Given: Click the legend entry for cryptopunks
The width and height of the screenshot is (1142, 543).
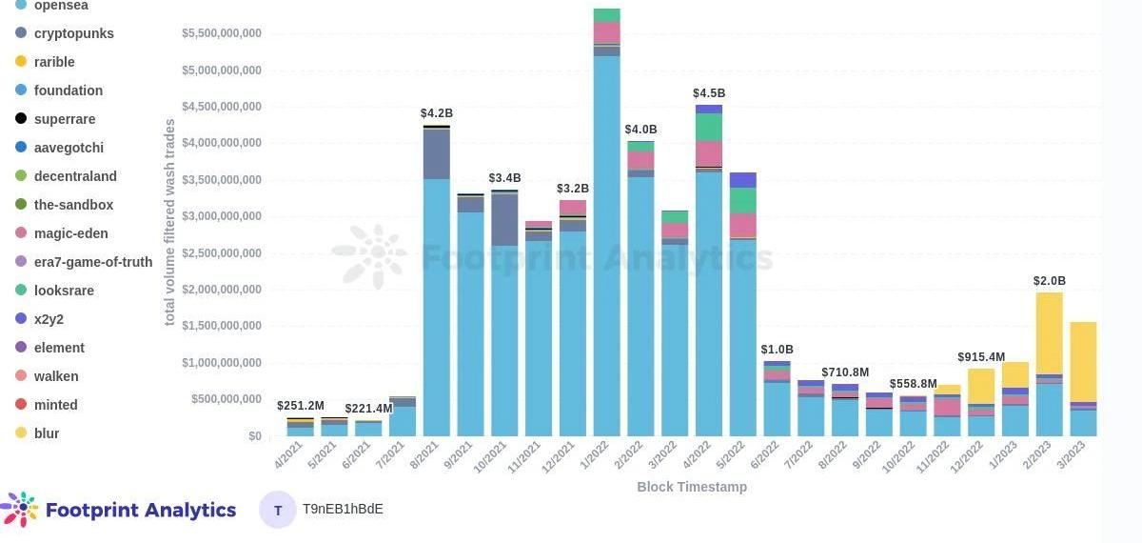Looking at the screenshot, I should tap(73, 33).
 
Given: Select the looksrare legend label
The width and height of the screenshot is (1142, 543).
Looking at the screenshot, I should tap(64, 291).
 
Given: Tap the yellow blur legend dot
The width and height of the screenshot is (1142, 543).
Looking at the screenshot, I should tap(21, 433).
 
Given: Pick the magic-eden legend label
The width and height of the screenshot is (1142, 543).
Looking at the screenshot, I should tap(70, 233).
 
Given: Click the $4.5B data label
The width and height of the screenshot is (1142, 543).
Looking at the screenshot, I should tap(709, 93).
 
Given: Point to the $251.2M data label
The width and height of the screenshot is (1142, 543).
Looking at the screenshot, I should tap(301, 406).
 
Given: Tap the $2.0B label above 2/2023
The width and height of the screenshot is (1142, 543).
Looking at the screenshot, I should tap(1049, 281).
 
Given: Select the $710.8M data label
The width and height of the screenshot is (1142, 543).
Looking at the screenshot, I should tap(845, 372).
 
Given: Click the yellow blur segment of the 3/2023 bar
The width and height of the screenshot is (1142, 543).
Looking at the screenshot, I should tap(1083, 362).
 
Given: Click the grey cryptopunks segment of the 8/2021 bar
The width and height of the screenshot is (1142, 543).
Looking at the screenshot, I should tap(436, 153).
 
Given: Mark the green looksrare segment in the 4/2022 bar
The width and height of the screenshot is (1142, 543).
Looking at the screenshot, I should tap(709, 127).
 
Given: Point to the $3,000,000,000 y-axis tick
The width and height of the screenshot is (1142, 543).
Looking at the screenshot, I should tap(222, 216).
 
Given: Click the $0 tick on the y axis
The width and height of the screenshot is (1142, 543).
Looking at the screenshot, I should tap(254, 436).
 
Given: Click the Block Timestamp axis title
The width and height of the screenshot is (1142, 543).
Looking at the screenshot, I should tap(692, 487).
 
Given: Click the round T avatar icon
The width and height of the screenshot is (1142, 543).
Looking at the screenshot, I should tap(278, 510).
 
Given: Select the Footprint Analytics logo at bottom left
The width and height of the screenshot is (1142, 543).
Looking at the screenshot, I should tap(119, 510).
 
